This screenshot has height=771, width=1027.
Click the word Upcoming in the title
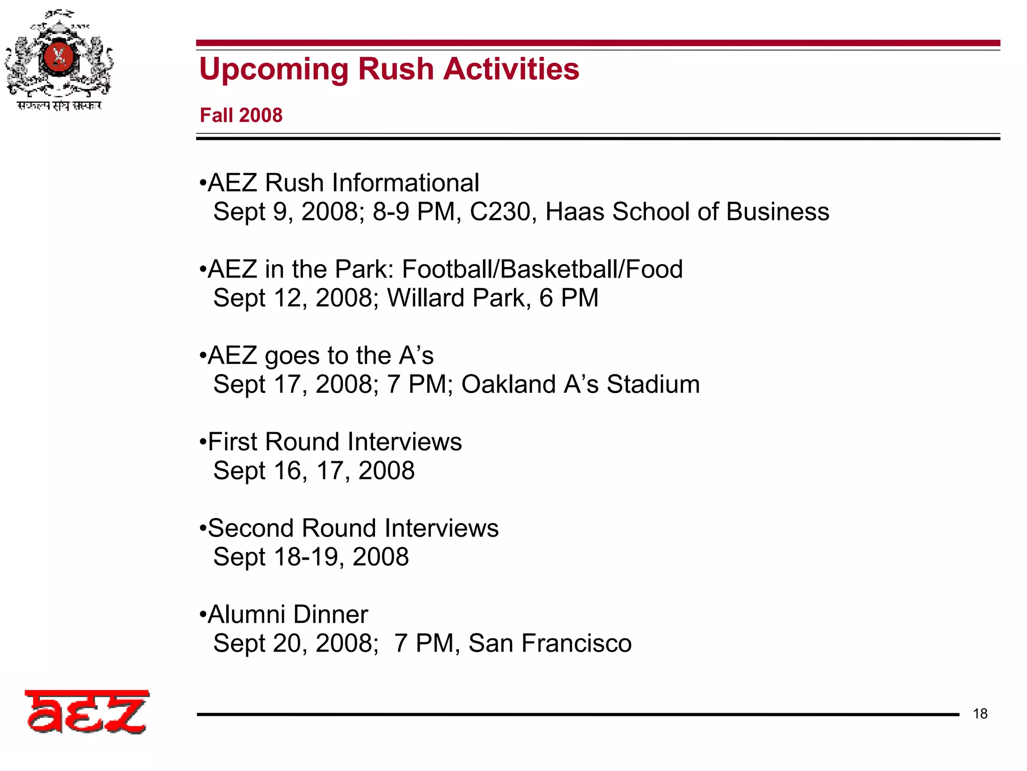click(x=274, y=69)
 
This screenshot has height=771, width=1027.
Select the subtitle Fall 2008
click(x=241, y=115)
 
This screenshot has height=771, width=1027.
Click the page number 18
click(x=980, y=714)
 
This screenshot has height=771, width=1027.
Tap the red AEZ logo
click(x=87, y=712)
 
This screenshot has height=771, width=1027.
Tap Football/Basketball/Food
click(x=542, y=269)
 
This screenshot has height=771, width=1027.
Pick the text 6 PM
click(x=569, y=298)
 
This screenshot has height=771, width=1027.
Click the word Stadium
click(x=653, y=384)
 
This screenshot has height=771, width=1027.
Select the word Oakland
click(x=508, y=384)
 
